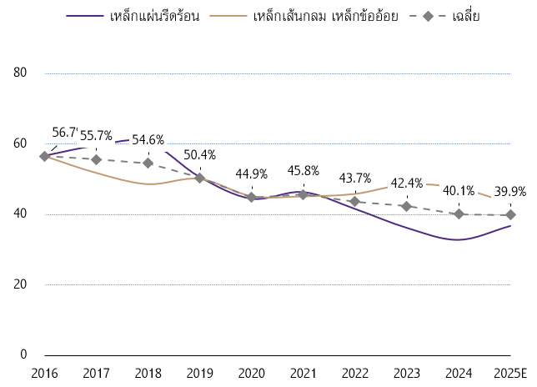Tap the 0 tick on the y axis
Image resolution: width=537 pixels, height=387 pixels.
24,354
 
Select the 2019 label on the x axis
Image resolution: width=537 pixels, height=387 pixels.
199,371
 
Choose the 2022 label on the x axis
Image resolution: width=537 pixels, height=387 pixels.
355,371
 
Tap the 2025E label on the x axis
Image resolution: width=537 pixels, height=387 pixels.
510,371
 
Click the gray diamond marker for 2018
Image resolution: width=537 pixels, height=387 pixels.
148,163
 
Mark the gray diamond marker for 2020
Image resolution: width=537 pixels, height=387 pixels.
251,198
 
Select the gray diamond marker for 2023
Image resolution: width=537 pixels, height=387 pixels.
407,206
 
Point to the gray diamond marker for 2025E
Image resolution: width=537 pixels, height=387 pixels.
510,214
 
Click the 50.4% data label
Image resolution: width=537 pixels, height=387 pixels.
199,155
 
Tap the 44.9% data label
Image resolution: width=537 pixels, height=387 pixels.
251,174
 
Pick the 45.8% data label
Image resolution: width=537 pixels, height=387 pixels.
303,171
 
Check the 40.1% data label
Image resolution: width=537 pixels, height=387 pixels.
459,190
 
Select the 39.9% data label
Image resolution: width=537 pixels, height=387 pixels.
510,191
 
